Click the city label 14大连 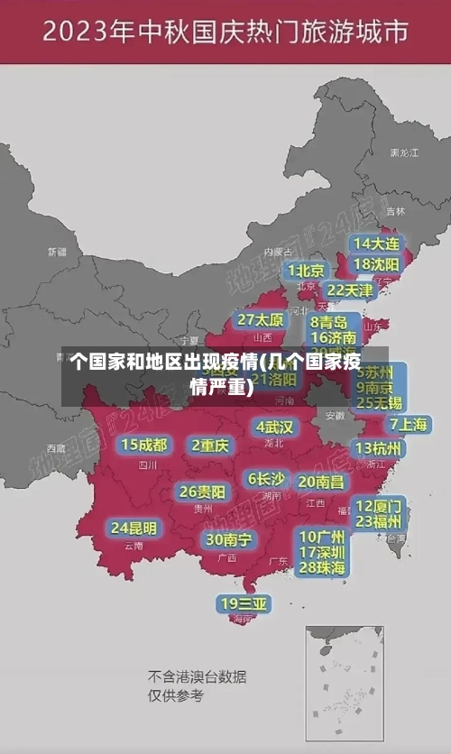tap(376, 244)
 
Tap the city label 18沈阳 tap(376, 264)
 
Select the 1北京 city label tap(306, 271)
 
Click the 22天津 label tap(349, 290)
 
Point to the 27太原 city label tap(261, 320)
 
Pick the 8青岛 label tap(328, 322)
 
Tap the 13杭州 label tap(379, 448)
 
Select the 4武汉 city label tap(275, 427)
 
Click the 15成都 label tap(144, 445)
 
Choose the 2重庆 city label tap(210, 446)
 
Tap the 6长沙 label tap(266, 479)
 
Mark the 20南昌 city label tap(320, 483)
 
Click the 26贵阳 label tap(202, 492)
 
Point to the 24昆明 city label tap(133, 528)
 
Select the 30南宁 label tap(229, 539)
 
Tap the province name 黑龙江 tap(403, 153)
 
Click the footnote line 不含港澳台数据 tap(197, 676)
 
